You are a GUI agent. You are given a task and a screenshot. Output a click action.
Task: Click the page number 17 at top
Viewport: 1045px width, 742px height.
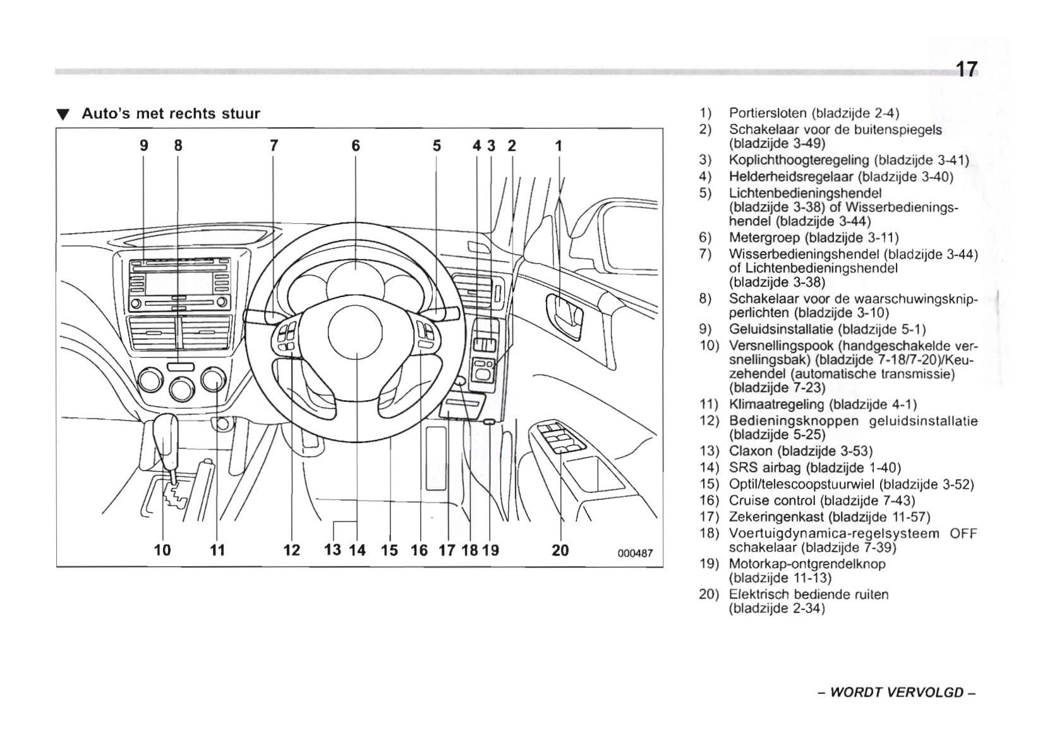click(x=966, y=69)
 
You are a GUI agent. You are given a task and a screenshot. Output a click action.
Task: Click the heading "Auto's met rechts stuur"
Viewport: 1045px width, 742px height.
click(x=171, y=114)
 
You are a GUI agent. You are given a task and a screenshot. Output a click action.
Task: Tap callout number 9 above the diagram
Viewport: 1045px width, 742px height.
click(x=144, y=146)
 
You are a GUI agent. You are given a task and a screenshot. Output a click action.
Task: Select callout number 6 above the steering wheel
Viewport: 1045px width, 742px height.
click(x=356, y=146)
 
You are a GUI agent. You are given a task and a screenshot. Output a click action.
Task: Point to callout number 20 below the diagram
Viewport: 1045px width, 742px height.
click(x=560, y=550)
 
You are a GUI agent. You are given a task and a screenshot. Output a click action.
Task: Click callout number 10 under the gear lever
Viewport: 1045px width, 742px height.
click(x=162, y=550)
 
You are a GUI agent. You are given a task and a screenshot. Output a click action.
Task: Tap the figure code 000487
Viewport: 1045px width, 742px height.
click(x=635, y=554)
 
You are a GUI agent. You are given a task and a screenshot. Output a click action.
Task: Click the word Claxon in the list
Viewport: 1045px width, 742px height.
click(x=751, y=451)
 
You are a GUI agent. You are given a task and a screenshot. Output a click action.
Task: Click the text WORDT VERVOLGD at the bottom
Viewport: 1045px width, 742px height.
click(x=897, y=692)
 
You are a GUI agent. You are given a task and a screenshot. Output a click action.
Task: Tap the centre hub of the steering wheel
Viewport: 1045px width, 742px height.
click(x=355, y=331)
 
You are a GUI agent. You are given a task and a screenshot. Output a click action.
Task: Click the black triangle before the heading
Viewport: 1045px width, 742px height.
click(x=62, y=114)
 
